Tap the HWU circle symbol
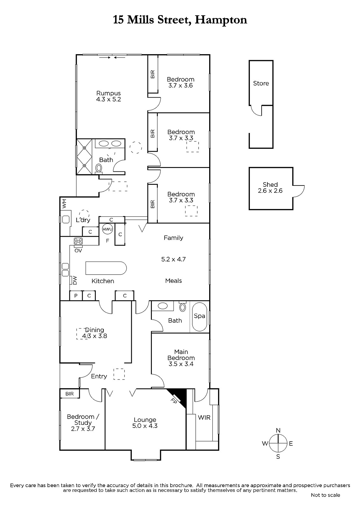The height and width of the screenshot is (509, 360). click(107, 229)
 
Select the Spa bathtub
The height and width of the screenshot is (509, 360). click(200, 317)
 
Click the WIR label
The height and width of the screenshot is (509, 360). click(204, 417)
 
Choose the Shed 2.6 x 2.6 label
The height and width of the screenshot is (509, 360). click(270, 187)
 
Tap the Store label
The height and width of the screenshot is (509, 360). click(261, 83)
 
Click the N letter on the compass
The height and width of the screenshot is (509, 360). click(278, 430)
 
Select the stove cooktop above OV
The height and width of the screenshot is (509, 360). click(78, 241)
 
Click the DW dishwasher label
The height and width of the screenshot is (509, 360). click(75, 280)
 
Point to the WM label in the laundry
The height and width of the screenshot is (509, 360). click(64, 204)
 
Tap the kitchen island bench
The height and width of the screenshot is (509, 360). click(106, 268)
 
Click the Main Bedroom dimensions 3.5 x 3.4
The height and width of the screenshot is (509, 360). click(181, 364)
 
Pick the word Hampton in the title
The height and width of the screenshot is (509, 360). click(221, 20)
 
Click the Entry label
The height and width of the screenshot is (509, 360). click(99, 376)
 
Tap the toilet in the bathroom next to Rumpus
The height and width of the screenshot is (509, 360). click(99, 168)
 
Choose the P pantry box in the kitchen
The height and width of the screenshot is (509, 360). click(76, 296)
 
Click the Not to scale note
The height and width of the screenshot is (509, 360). click(325, 495)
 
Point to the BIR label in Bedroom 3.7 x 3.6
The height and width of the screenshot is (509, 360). click(152, 74)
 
